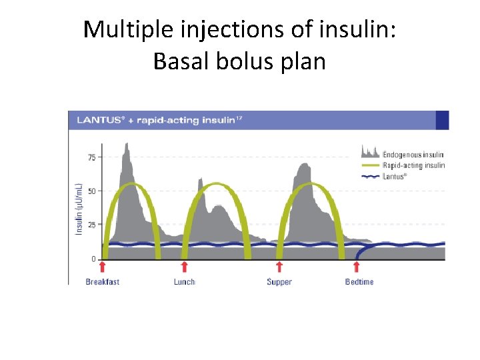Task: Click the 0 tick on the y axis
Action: (93, 259)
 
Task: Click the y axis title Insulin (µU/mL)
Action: (79, 208)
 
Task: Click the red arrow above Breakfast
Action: (103, 267)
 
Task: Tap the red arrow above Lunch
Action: (184, 267)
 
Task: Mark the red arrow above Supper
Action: (279, 267)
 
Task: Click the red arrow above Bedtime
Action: (357, 267)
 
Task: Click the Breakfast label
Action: (103, 282)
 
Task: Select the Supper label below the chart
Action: (279, 282)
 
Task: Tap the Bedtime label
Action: (359, 282)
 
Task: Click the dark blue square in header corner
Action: (442, 120)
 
